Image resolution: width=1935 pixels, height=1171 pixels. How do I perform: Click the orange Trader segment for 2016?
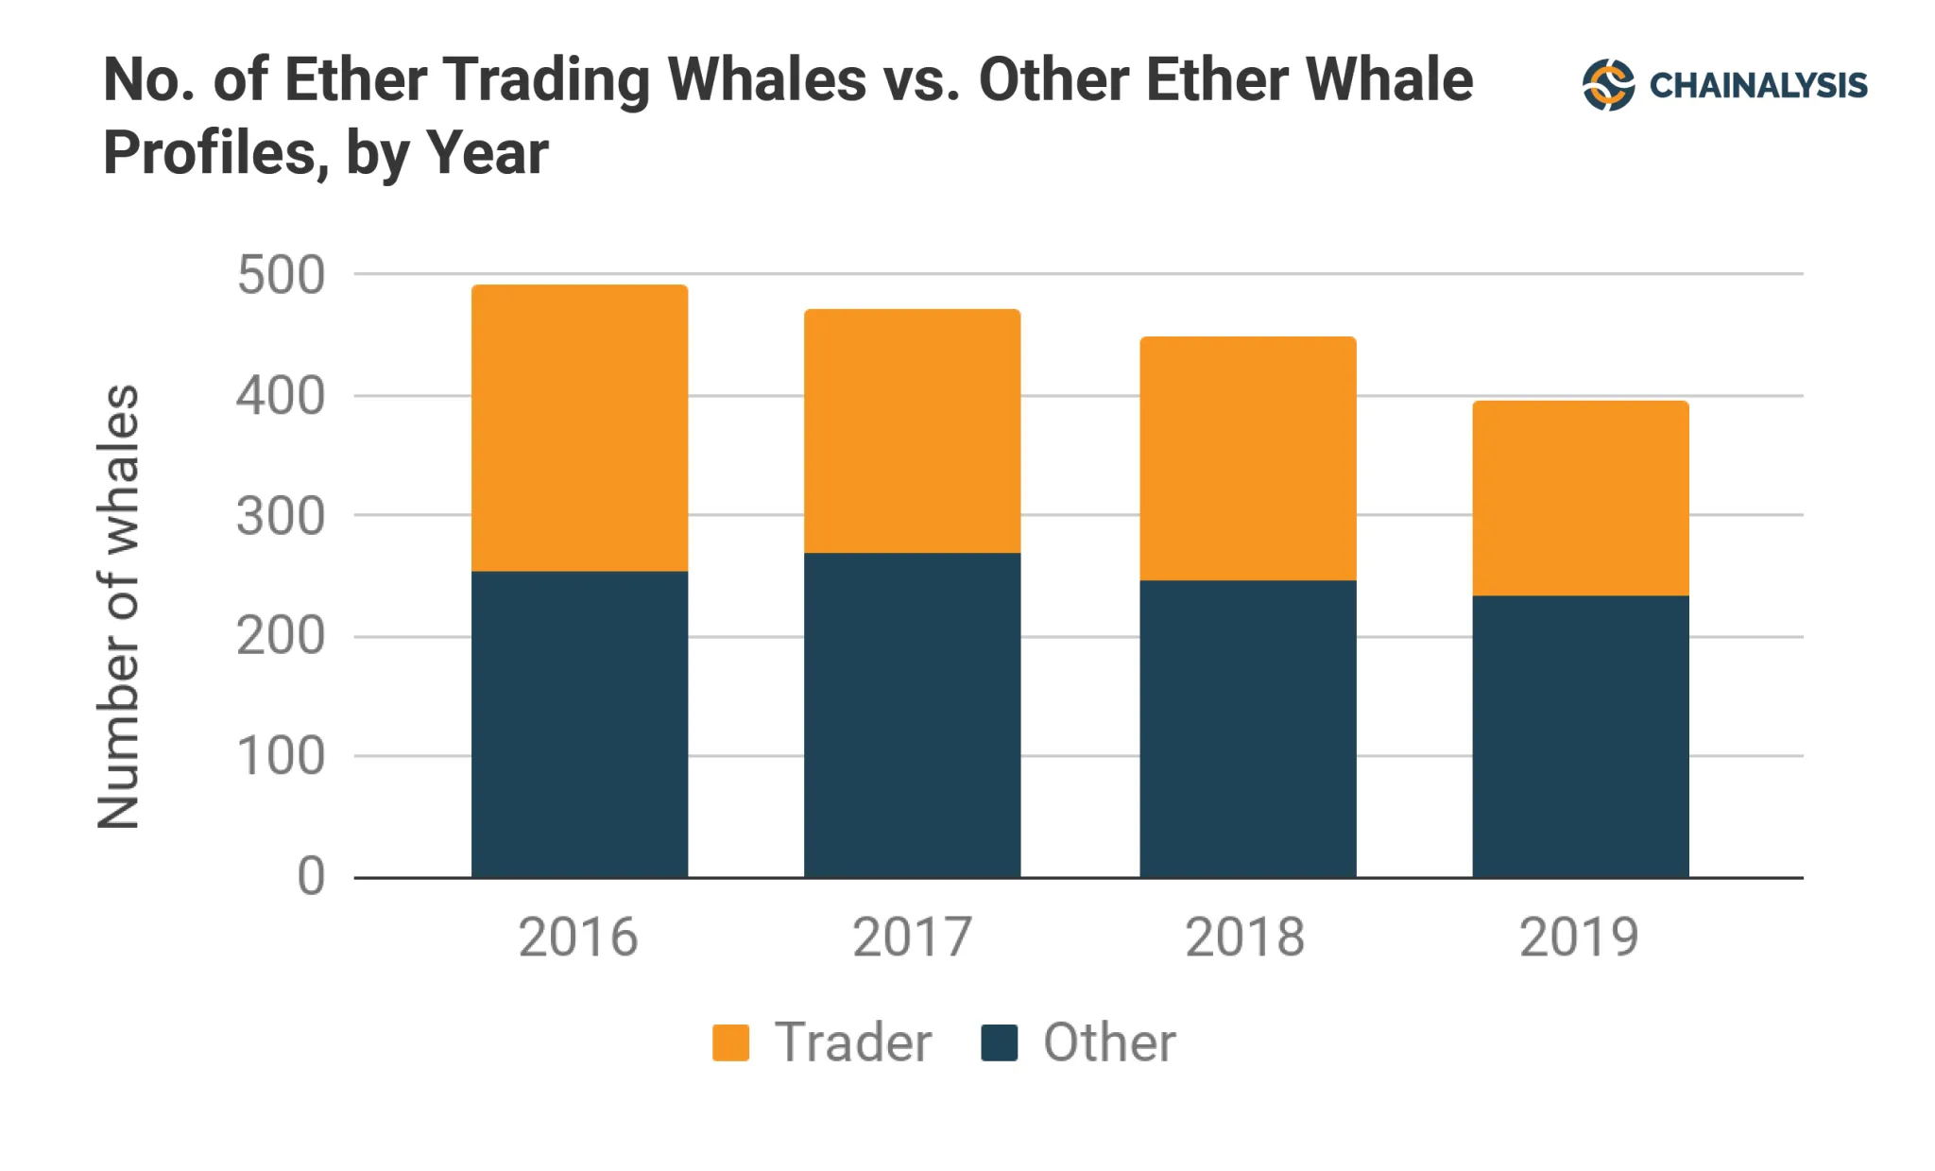[x=579, y=427]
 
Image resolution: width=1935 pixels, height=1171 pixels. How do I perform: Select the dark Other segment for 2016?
[x=579, y=724]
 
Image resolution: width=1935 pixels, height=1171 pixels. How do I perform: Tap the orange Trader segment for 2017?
[x=912, y=431]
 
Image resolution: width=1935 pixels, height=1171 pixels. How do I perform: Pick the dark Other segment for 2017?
[x=912, y=715]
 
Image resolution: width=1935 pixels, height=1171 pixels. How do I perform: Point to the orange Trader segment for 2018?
[x=1247, y=458]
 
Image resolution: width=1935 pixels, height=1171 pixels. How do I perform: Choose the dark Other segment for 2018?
[x=1247, y=729]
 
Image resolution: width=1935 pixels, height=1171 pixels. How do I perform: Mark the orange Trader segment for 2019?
[x=1580, y=498]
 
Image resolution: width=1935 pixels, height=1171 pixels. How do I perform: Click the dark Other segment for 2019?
[x=1580, y=736]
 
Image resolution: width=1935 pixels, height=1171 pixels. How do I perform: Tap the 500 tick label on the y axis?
[x=281, y=276]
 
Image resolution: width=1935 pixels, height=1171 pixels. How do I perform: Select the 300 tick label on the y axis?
[x=281, y=517]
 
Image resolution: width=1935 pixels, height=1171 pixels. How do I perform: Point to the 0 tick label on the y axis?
[x=311, y=876]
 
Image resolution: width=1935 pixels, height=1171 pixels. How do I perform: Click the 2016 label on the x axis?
[x=578, y=938]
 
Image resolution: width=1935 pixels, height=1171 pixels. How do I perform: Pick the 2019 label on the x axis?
[x=1579, y=938]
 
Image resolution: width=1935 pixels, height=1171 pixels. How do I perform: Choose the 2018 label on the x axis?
[x=1245, y=938]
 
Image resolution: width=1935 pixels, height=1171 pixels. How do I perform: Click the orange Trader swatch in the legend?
[x=730, y=1042]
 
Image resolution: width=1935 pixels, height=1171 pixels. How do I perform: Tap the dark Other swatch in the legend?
[x=999, y=1042]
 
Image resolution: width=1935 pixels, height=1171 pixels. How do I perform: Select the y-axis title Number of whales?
[x=119, y=607]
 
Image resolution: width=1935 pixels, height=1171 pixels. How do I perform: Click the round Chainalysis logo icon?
[x=1608, y=85]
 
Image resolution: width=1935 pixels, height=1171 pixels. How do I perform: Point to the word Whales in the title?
[x=766, y=79]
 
